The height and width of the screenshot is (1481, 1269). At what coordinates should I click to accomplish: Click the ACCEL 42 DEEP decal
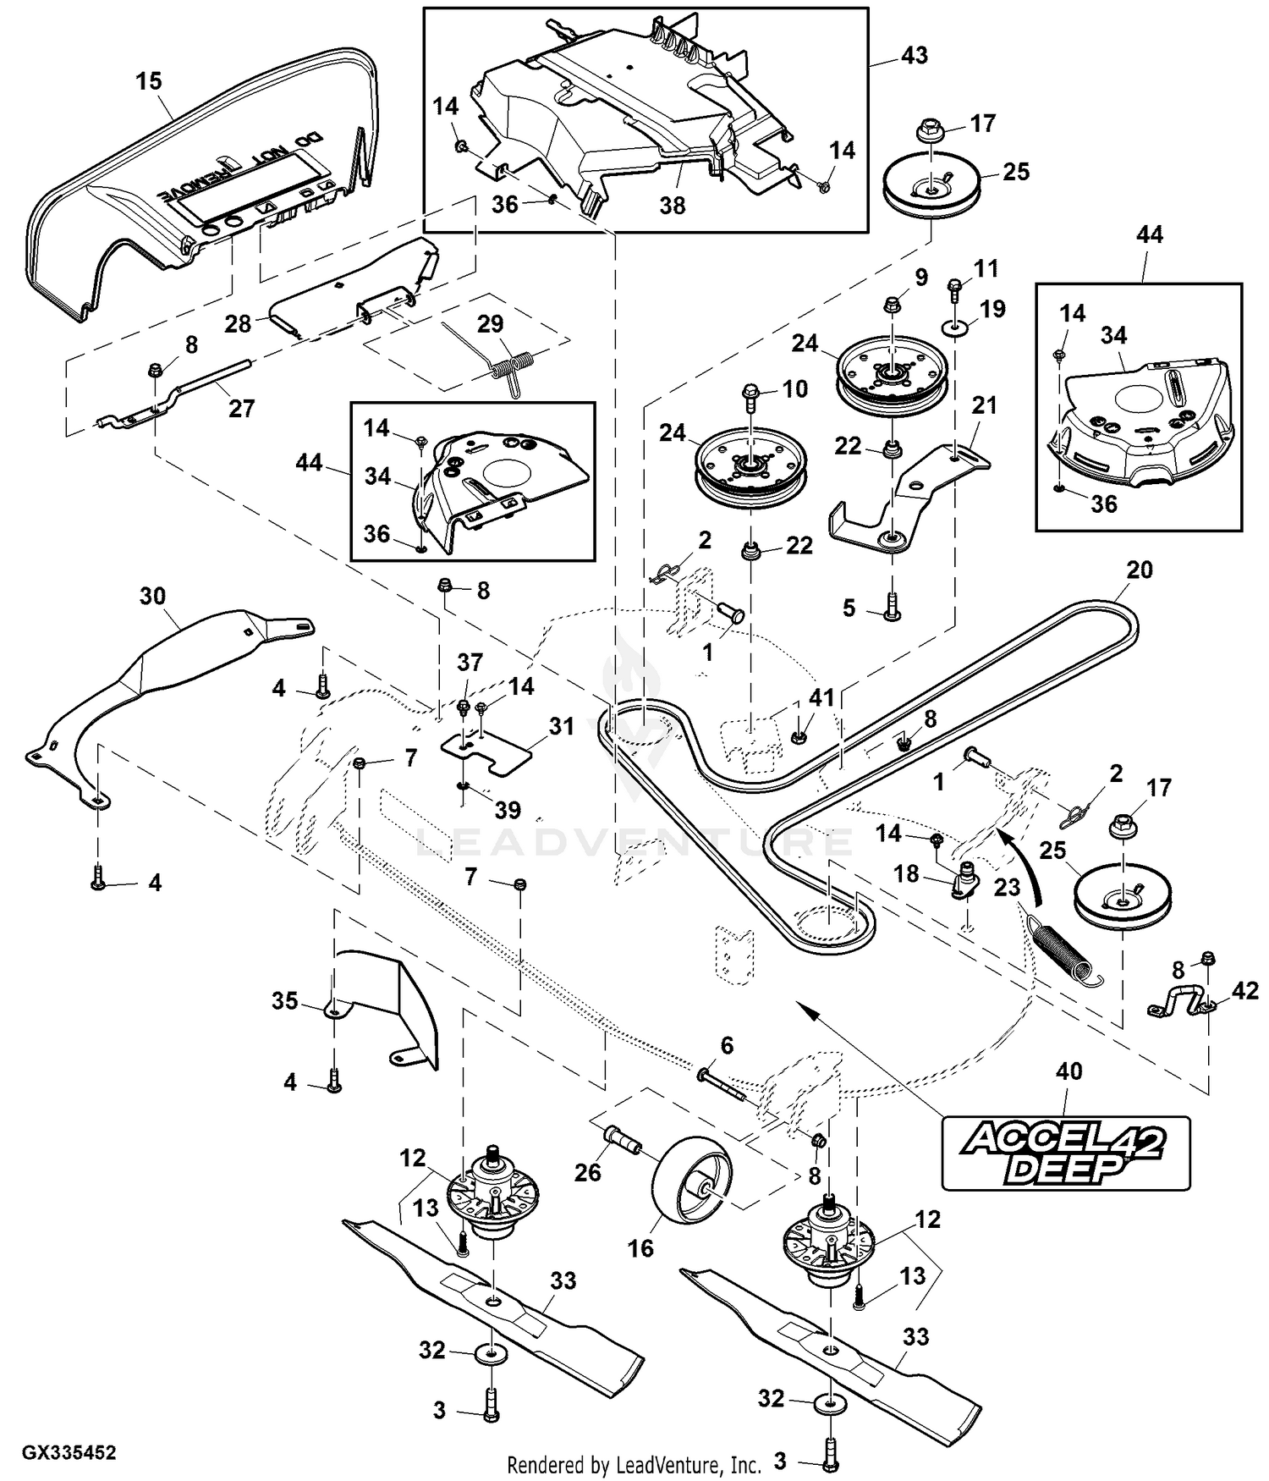click(x=1065, y=1152)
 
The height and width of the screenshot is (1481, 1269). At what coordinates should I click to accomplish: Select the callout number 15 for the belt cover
click(x=149, y=81)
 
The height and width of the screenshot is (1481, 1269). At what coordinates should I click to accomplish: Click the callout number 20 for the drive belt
click(x=1140, y=570)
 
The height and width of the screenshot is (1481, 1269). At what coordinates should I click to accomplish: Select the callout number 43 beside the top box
click(x=915, y=56)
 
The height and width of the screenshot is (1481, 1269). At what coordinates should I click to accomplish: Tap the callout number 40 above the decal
click(x=1069, y=1071)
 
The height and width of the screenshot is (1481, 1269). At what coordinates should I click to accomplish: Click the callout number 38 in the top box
click(x=672, y=205)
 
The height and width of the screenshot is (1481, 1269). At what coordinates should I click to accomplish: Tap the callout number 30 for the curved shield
click(x=152, y=596)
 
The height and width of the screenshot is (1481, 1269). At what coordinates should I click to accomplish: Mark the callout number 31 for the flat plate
click(x=561, y=726)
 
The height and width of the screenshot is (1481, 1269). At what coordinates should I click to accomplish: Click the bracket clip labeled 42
click(x=1181, y=1005)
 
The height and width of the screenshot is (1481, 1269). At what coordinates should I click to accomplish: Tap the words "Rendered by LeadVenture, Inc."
click(x=634, y=1464)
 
